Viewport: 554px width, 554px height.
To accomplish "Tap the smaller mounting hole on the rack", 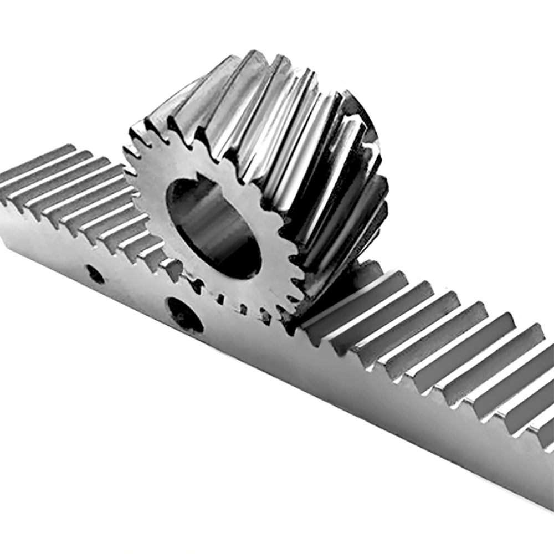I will pos(95,274).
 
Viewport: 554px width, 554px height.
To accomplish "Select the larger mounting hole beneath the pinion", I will pos(184,315).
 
